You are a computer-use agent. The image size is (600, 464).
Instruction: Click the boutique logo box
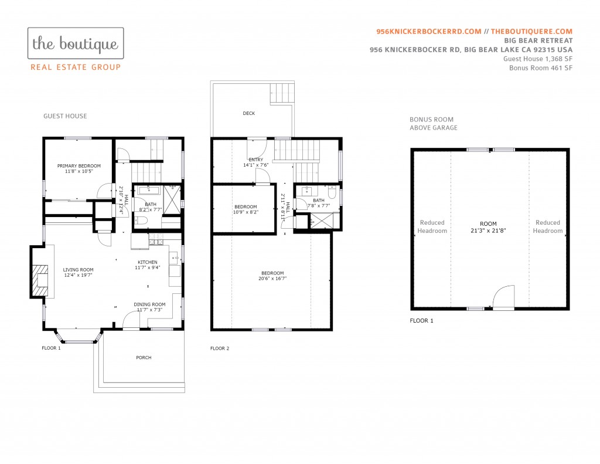point(76,43)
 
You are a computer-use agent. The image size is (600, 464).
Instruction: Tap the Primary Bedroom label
point(79,166)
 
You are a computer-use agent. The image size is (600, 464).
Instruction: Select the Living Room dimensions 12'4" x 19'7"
point(79,275)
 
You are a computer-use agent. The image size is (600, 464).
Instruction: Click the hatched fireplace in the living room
point(40,280)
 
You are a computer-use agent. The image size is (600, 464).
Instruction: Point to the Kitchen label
point(147,262)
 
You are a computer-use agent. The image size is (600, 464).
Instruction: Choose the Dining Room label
point(149,304)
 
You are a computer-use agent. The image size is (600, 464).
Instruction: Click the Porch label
point(144,357)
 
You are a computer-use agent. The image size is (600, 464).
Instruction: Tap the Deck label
point(248,113)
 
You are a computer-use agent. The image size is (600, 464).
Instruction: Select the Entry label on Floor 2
point(256,160)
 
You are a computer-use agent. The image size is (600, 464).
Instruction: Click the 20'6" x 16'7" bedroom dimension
point(272,279)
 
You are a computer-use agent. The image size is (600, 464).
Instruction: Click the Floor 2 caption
point(220,348)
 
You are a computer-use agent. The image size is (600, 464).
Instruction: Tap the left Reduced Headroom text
point(432,226)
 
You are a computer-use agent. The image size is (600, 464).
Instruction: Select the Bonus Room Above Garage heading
point(434,123)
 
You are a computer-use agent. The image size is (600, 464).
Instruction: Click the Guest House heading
point(65,116)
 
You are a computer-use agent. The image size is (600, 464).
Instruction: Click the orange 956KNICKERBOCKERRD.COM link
point(429,32)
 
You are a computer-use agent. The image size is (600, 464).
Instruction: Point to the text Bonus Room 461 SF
point(541,68)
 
